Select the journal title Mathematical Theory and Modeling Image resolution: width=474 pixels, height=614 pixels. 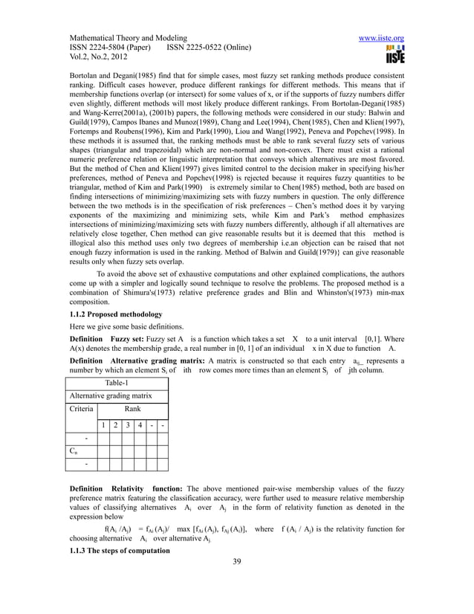(129, 38)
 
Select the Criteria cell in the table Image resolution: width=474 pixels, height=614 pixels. (82, 409)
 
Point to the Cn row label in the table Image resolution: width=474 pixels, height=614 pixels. (74, 450)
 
